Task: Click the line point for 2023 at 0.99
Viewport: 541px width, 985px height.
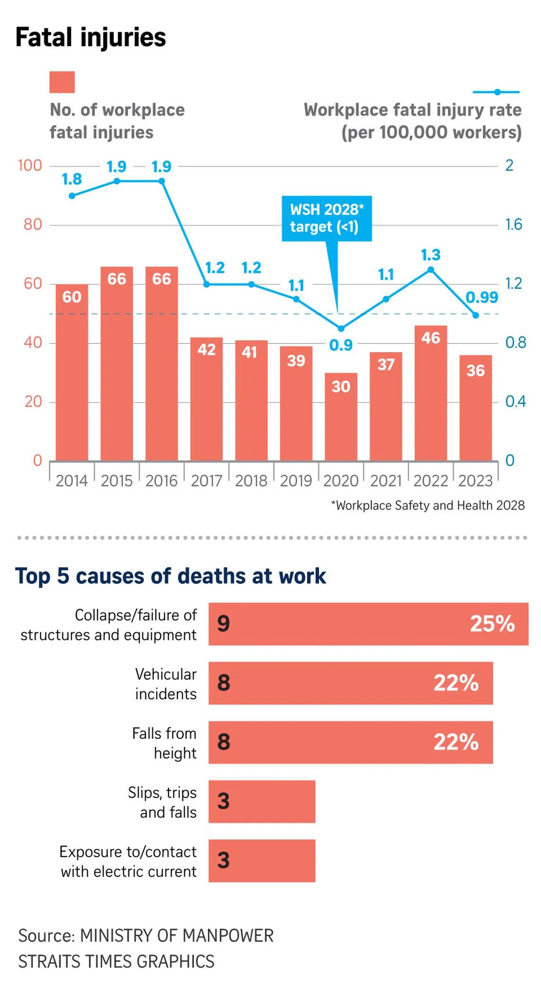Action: click(x=476, y=315)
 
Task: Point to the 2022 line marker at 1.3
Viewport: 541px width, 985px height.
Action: click(x=430, y=270)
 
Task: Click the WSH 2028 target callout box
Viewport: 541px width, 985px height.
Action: click(x=326, y=218)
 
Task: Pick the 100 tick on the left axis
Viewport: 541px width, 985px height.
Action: click(x=30, y=166)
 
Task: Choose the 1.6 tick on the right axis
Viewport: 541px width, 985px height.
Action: click(x=513, y=225)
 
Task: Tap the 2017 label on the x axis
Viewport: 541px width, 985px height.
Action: click(x=206, y=481)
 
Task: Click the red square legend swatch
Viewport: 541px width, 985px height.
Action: click(x=62, y=82)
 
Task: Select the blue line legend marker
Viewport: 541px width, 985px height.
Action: click(x=496, y=92)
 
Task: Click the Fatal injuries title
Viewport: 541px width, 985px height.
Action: click(x=91, y=38)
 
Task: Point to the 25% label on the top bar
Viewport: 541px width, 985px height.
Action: click(x=492, y=624)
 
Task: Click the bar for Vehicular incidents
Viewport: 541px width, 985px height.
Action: click(x=350, y=683)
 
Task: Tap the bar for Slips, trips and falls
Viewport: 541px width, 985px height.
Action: click(x=261, y=801)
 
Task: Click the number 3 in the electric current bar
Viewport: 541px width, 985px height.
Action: click(x=224, y=860)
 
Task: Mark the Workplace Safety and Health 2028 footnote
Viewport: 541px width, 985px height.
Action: click(x=428, y=506)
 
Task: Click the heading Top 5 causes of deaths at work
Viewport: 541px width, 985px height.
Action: click(x=170, y=576)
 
